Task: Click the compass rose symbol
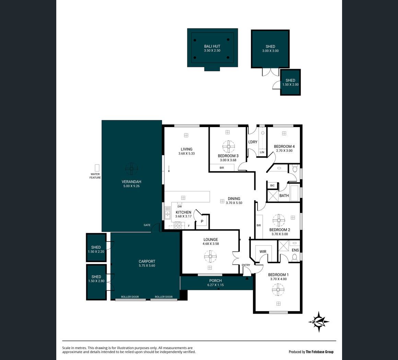pyautogui.click(x=319, y=322)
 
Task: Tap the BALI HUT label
pyautogui.click(x=212, y=46)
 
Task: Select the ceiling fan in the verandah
pyautogui.click(x=131, y=169)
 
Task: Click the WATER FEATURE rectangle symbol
pyautogui.click(x=97, y=168)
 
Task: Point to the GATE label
pyautogui.click(x=147, y=225)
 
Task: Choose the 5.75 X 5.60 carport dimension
pyautogui.click(x=147, y=266)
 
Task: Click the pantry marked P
pyautogui.click(x=202, y=221)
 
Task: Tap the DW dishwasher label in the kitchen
pyautogui.click(x=180, y=206)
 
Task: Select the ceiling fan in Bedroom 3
pyautogui.click(x=229, y=147)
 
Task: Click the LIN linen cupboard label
pyautogui.click(x=262, y=152)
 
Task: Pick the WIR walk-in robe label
pyautogui.click(x=263, y=251)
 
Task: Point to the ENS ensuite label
pyautogui.click(x=295, y=250)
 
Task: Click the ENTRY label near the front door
pyautogui.click(x=246, y=265)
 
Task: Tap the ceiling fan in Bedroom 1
pyautogui.click(x=278, y=289)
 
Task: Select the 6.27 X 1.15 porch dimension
pyautogui.click(x=215, y=285)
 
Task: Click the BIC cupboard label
pyautogui.click(x=272, y=185)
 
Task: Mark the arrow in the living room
pyautogui.click(x=169, y=169)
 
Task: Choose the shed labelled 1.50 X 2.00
pyautogui.click(x=290, y=82)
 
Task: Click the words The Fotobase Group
pyautogui.click(x=319, y=352)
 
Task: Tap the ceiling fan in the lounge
pyautogui.click(x=210, y=256)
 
